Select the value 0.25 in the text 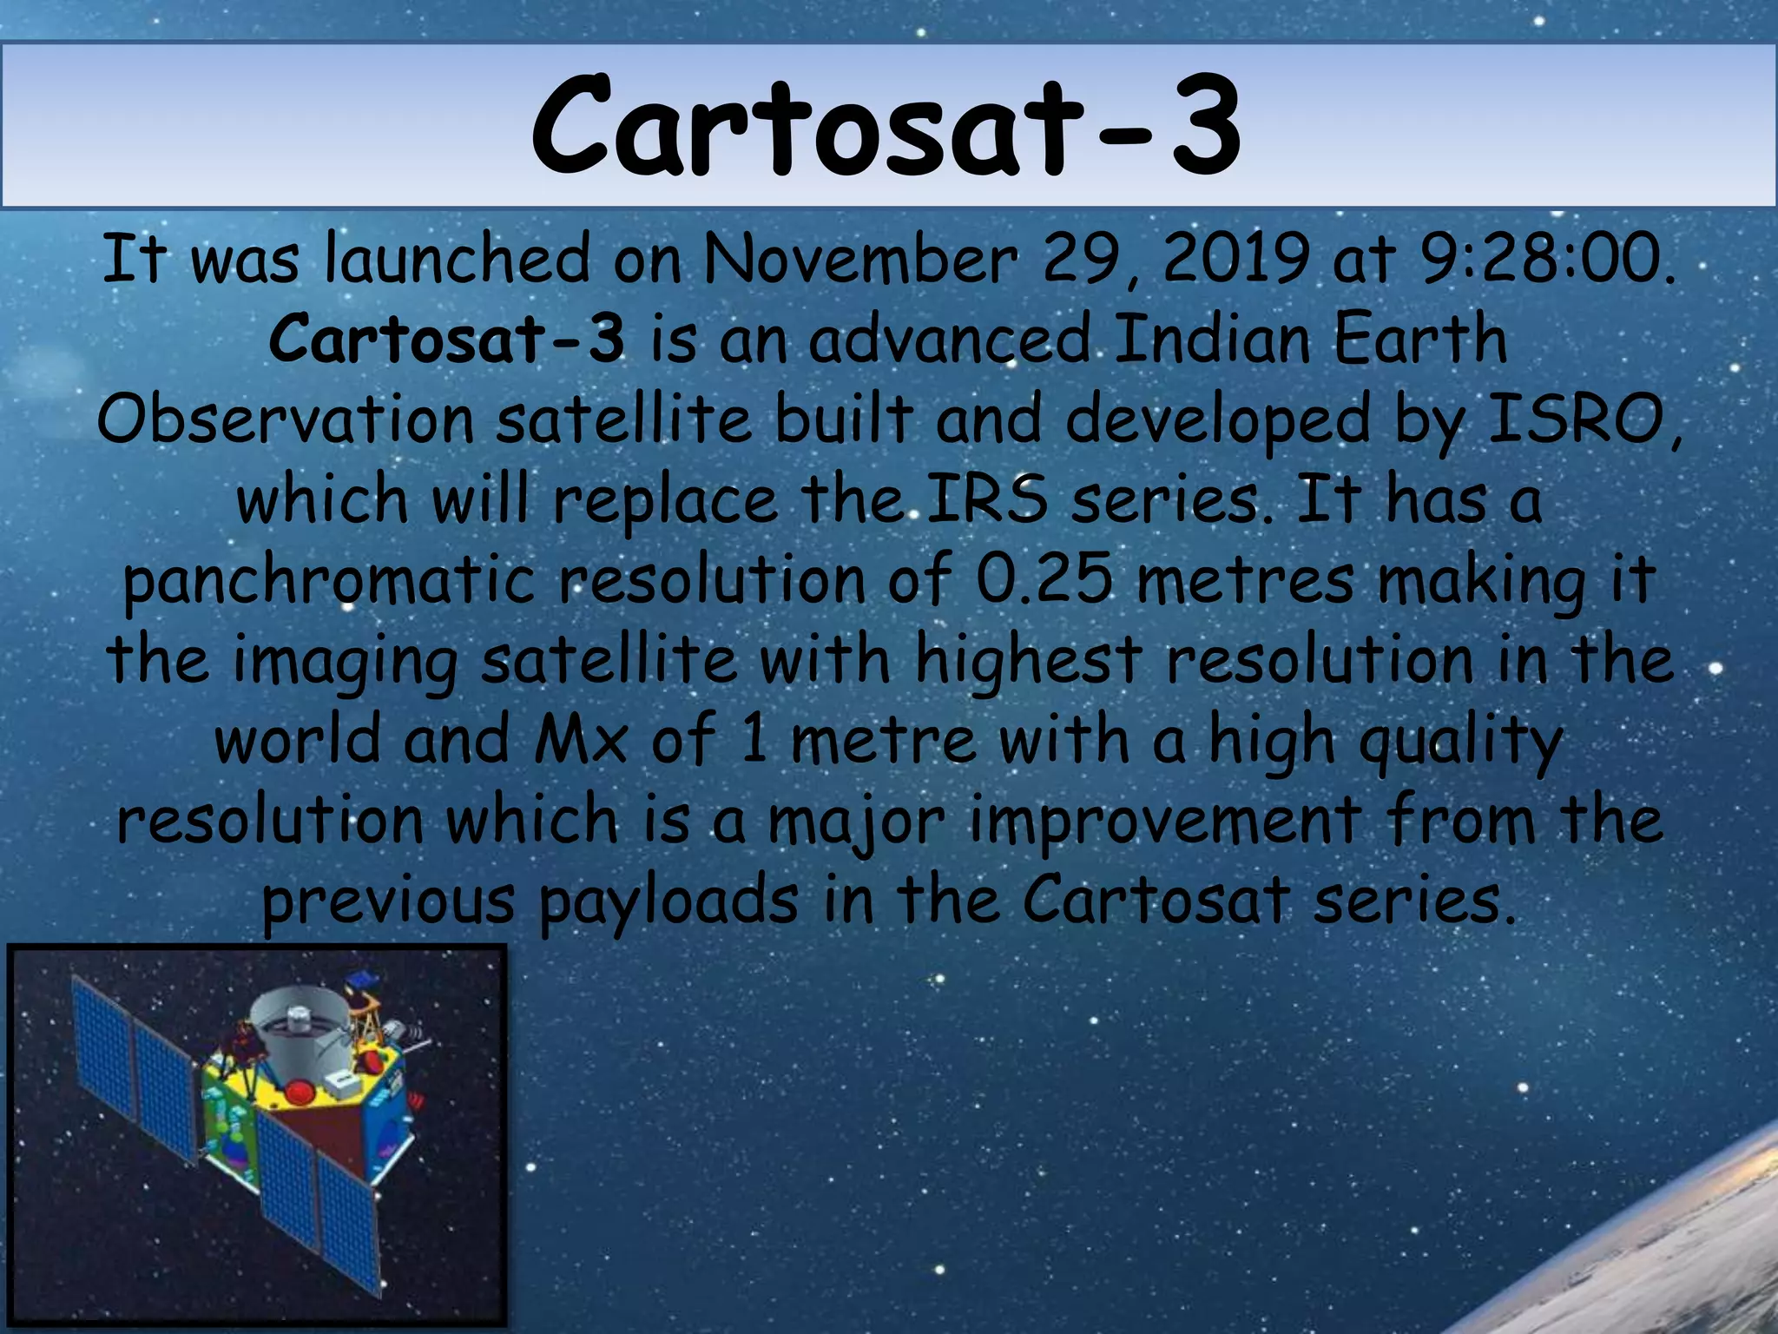[1043, 579]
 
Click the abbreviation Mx [580, 740]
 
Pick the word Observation [285, 419]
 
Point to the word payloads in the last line [668, 901]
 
